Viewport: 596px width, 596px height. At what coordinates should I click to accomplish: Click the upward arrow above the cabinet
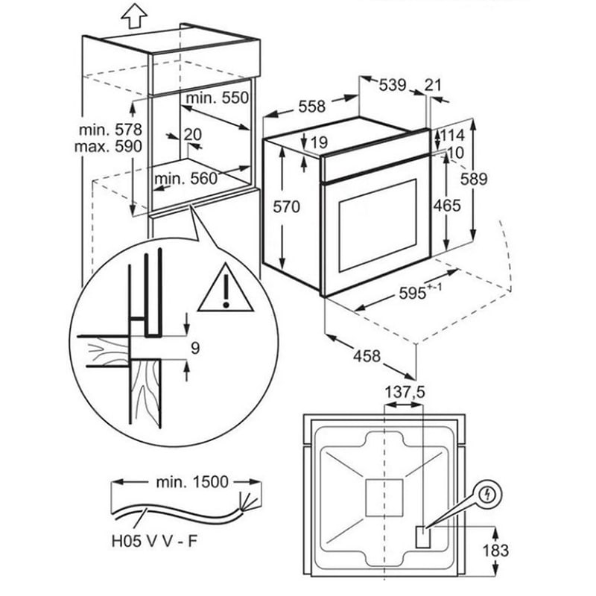click(x=132, y=15)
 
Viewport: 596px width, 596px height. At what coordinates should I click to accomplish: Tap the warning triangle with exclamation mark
click(x=226, y=290)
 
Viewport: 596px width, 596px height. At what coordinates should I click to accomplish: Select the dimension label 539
click(x=392, y=86)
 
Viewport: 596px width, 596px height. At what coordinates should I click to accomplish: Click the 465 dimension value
click(x=447, y=205)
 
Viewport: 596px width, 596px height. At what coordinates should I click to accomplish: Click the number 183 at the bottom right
click(x=495, y=551)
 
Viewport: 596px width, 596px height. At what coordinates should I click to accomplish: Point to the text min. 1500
click(x=192, y=481)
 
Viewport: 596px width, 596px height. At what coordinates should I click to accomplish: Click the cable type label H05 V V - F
click(x=162, y=541)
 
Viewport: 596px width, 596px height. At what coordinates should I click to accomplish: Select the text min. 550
click(x=217, y=98)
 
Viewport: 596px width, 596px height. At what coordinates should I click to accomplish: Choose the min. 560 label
click(x=186, y=178)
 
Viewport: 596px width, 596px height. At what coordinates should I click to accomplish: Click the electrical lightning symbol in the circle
click(x=489, y=494)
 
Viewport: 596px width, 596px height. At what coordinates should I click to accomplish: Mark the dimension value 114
click(x=452, y=135)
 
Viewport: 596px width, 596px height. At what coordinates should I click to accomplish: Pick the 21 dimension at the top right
click(x=434, y=86)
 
